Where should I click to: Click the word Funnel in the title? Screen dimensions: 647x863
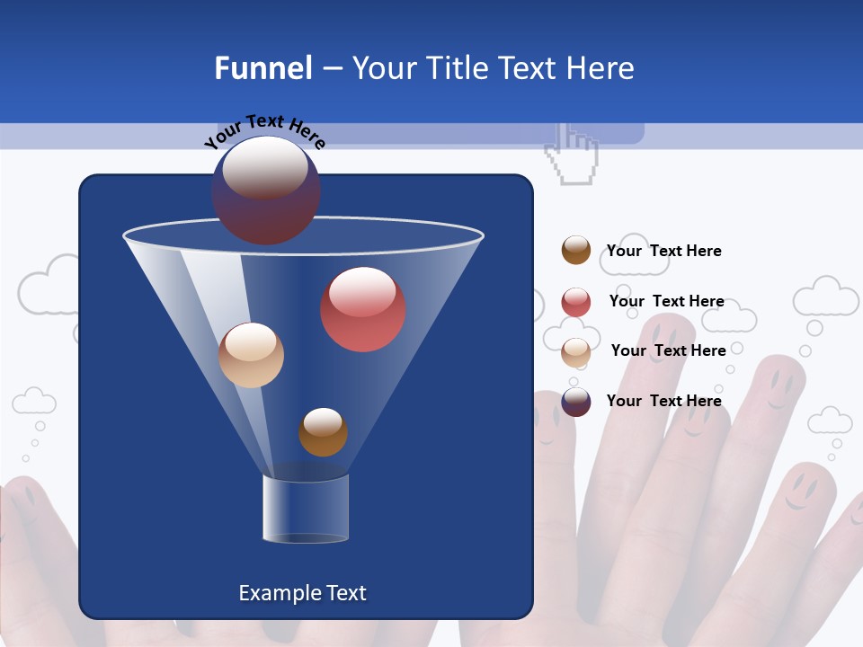[262, 68]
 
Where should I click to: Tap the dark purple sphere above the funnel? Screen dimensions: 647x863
[266, 190]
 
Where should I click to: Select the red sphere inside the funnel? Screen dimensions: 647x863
[362, 309]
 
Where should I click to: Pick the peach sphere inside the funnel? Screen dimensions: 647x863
[251, 355]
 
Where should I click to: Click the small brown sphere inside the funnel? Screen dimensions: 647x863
[323, 432]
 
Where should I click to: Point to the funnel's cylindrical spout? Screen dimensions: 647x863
[306, 509]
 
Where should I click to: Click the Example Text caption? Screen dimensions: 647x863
[302, 593]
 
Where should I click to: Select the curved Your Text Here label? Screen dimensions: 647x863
[264, 131]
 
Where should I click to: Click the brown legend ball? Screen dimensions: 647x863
[576, 250]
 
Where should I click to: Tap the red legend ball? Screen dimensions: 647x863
[576, 302]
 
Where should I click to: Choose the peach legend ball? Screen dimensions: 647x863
[576, 352]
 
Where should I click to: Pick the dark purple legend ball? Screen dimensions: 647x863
[576, 402]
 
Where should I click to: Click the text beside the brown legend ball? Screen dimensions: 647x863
[663, 251]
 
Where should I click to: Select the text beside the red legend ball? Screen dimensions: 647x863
[666, 301]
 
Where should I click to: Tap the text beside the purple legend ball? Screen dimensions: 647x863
[663, 401]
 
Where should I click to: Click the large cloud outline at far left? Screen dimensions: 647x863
[52, 285]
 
